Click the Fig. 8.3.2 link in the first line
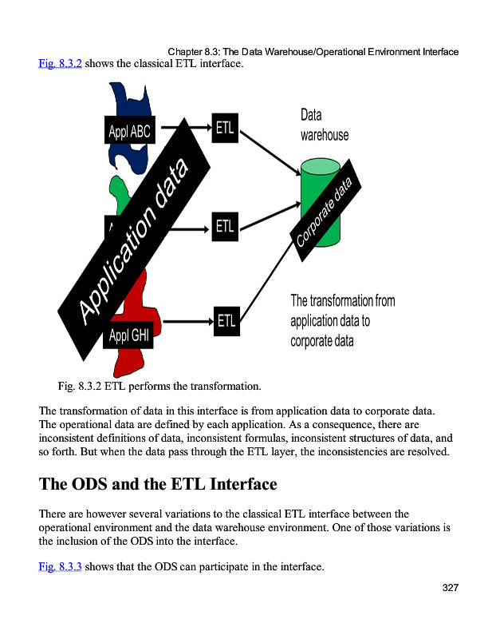point(60,63)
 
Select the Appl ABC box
point(128,131)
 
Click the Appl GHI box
point(128,336)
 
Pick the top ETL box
point(225,127)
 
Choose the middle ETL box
point(225,226)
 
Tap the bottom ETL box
point(226,321)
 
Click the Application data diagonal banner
point(136,239)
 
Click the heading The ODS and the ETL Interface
point(158,484)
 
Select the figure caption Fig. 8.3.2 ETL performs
point(159,387)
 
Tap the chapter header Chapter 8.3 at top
point(313,52)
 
